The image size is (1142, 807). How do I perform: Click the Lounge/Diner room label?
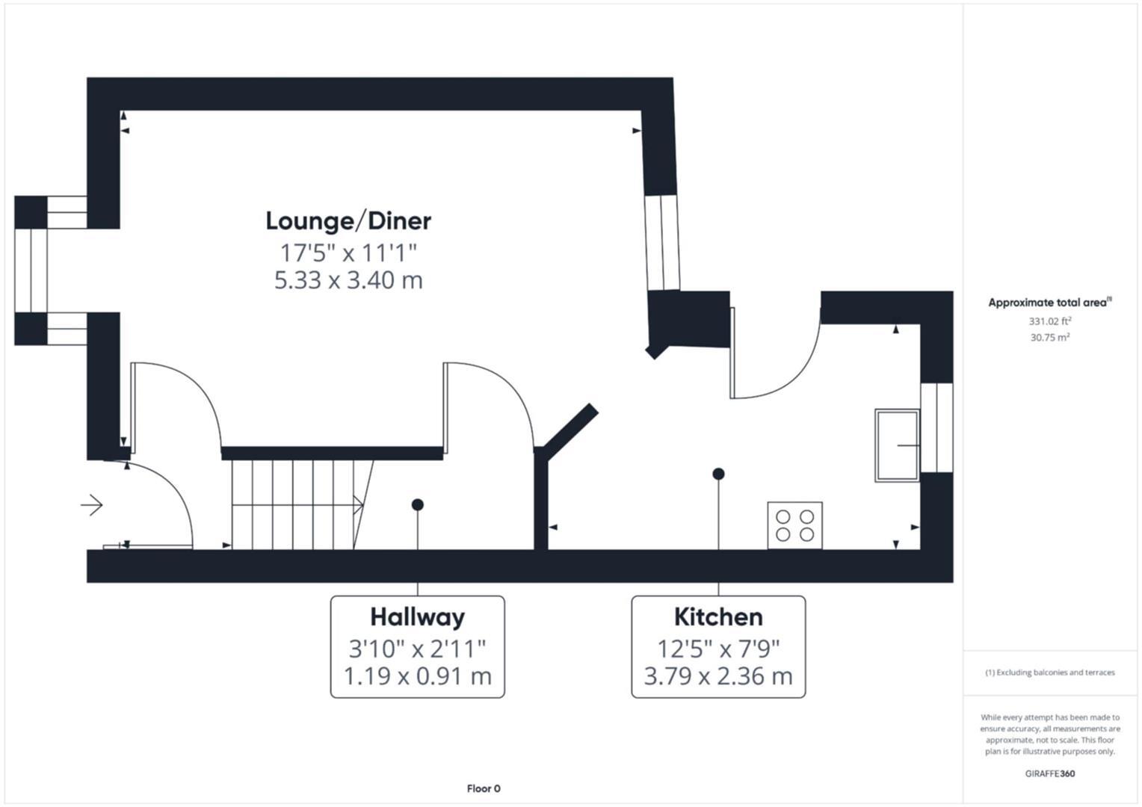point(348,221)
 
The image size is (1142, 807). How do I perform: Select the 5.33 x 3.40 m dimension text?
point(348,280)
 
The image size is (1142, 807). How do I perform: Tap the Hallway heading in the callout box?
point(417,617)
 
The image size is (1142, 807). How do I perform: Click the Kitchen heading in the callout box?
point(718,617)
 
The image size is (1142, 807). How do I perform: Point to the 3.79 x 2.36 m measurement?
point(718,676)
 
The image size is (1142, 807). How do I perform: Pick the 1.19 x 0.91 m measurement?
point(417,676)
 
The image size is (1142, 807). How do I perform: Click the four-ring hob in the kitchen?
point(794,525)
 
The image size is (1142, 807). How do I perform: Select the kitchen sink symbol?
point(898,445)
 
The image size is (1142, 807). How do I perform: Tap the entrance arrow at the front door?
point(92,506)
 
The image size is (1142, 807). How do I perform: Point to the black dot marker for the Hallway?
point(418,505)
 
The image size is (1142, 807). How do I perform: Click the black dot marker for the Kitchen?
point(718,474)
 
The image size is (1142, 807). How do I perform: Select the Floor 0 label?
point(484,788)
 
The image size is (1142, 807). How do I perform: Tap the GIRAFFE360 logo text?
point(1049,773)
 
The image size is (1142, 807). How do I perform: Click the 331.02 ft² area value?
point(1049,321)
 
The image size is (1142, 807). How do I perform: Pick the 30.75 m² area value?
point(1049,338)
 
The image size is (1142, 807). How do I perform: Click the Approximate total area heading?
point(1049,303)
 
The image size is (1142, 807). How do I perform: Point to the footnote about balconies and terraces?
point(1049,672)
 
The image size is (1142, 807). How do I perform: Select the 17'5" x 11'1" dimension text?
point(348,253)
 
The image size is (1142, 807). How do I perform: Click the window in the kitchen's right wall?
point(936,427)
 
